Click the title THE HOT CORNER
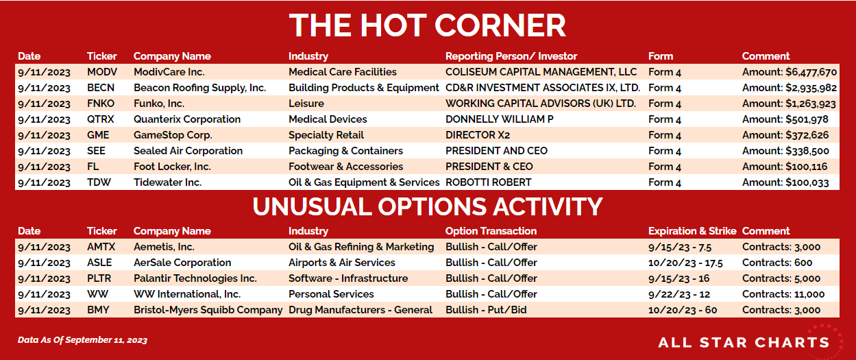click(427, 25)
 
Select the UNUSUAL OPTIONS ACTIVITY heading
click(428, 207)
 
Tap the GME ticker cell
click(98, 135)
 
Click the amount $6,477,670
click(790, 72)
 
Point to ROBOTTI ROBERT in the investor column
click(489, 182)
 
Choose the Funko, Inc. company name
click(159, 104)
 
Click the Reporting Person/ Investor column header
click(511, 56)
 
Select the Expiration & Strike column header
click(692, 231)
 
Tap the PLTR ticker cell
click(99, 278)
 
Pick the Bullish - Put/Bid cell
click(486, 310)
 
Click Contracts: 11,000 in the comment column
click(783, 294)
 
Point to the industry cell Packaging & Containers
click(346, 151)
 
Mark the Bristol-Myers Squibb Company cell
click(208, 310)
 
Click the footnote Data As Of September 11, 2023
click(82, 339)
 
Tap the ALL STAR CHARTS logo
click(744, 342)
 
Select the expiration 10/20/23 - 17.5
click(685, 263)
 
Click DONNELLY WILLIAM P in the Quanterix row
click(500, 119)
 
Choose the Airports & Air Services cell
click(342, 263)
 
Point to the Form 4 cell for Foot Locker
click(665, 167)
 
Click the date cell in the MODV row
click(45, 72)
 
